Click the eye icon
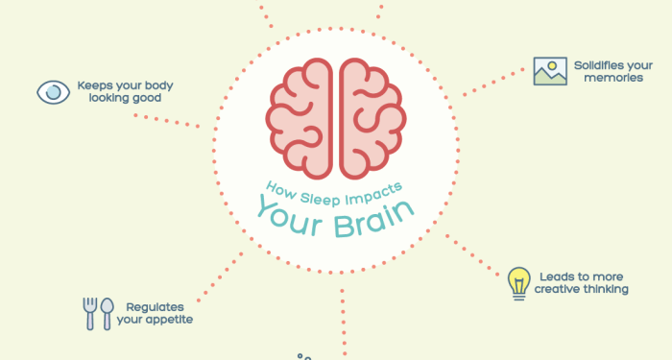pyautogui.click(x=53, y=92)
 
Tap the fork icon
pyautogui.click(x=90, y=312)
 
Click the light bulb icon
pyautogui.click(x=518, y=282)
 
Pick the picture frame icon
pyautogui.click(x=551, y=72)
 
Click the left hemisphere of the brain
pyautogui.click(x=300, y=118)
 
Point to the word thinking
pyautogui.click(x=608, y=289)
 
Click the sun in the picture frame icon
pyautogui.click(x=552, y=66)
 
